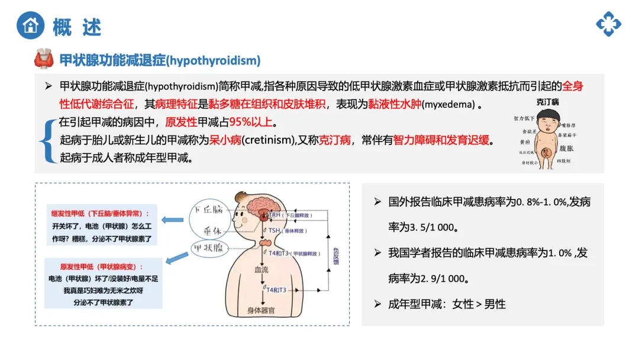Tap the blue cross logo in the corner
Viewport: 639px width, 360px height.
point(608,24)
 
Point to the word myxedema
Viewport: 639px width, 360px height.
point(449,105)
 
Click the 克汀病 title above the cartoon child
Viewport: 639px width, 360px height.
point(547,102)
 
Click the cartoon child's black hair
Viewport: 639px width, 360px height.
point(547,111)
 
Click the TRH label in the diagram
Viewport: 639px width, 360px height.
point(274,214)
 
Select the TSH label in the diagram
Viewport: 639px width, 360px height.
point(274,230)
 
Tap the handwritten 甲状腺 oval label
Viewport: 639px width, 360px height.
point(209,248)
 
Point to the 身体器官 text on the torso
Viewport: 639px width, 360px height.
point(261,310)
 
